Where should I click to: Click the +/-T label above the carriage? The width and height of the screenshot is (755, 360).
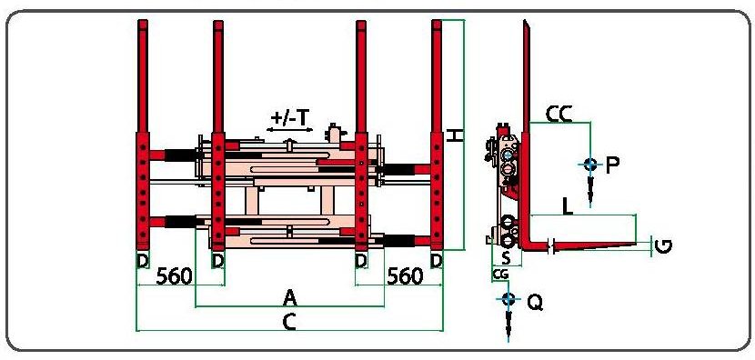[289, 118]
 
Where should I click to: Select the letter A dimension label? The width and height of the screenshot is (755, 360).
[289, 298]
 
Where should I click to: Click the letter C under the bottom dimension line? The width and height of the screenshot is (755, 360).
[289, 323]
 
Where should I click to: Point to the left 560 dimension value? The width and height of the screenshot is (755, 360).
[175, 276]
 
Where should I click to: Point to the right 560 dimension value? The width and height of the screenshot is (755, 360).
[406, 276]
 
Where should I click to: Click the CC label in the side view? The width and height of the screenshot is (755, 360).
[559, 115]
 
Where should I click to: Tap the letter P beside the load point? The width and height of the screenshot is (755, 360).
[611, 165]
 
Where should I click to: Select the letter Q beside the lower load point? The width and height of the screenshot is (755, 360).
[535, 302]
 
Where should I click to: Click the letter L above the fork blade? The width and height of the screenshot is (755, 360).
[569, 206]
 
